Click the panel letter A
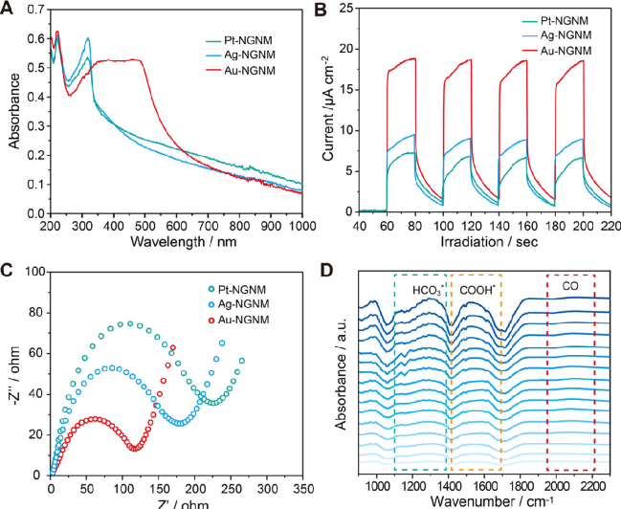pyautogui.click(x=8, y=9)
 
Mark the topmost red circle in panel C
pyautogui.click(x=173, y=347)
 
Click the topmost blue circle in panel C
pyautogui.click(x=222, y=343)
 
